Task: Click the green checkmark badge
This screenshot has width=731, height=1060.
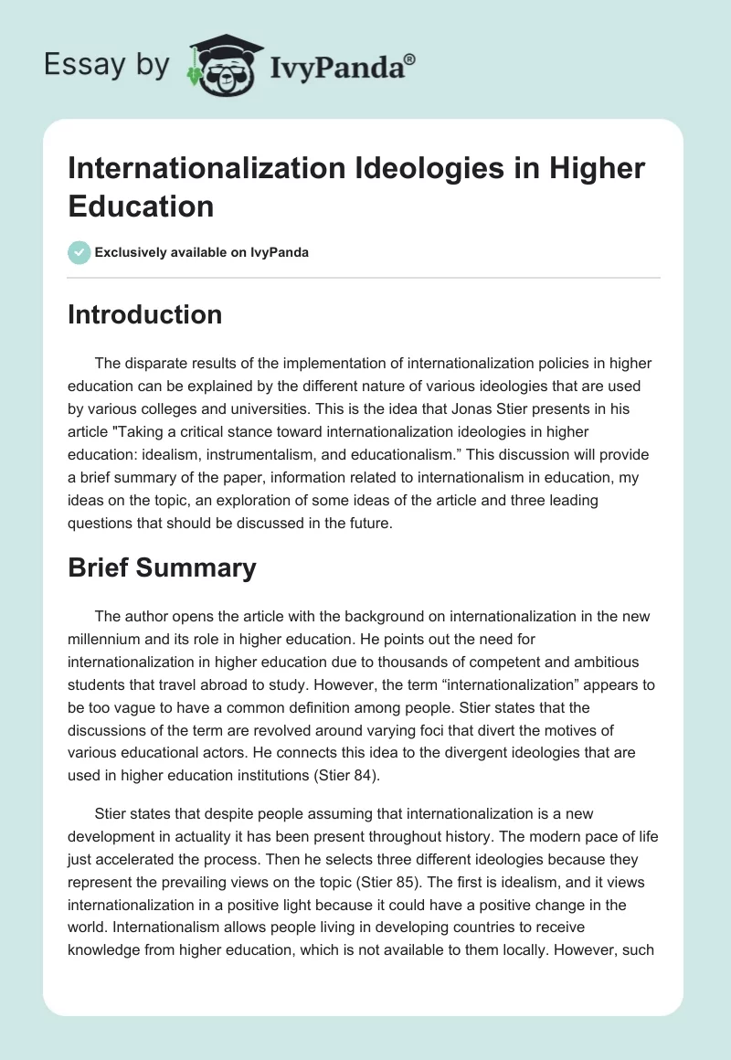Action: [80, 252]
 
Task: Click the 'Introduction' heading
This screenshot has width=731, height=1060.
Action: [145, 314]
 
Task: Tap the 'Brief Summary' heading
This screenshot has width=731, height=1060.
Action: [162, 568]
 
